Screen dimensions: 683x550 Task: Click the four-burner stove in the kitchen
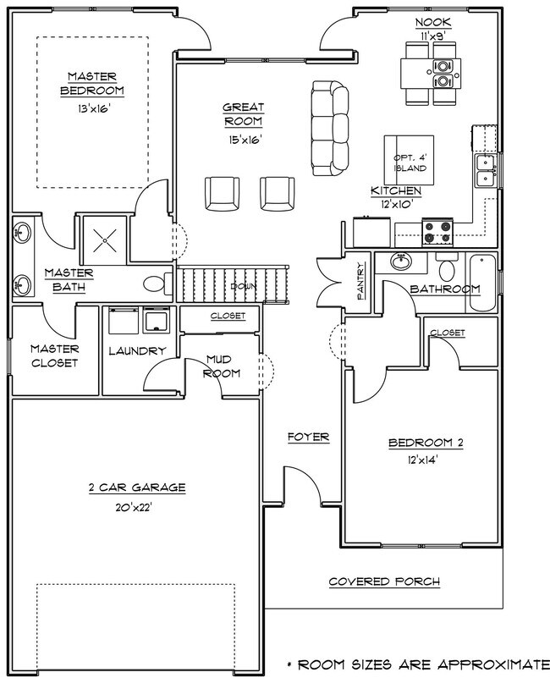point(438,229)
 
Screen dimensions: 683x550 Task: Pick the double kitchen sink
point(485,170)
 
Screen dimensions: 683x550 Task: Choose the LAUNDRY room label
point(138,350)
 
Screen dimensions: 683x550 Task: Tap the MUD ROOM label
point(223,366)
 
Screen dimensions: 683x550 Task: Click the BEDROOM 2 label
point(426,443)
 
